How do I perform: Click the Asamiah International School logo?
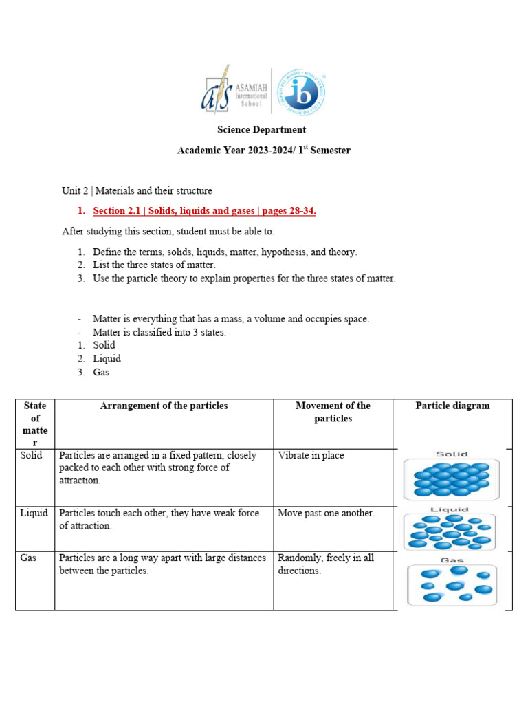(234, 90)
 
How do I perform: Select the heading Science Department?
(261, 129)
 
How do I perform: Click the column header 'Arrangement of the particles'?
(164, 406)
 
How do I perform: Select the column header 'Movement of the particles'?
(333, 412)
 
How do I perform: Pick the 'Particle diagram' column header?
(452, 406)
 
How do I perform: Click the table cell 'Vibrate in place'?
(311, 455)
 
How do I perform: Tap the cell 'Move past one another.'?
(326, 514)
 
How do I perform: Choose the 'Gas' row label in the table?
(28, 558)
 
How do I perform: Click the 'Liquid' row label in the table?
(34, 514)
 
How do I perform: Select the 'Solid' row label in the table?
(32, 455)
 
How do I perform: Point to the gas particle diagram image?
(452, 582)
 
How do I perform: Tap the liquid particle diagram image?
(452, 529)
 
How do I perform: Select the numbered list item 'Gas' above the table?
(101, 372)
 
